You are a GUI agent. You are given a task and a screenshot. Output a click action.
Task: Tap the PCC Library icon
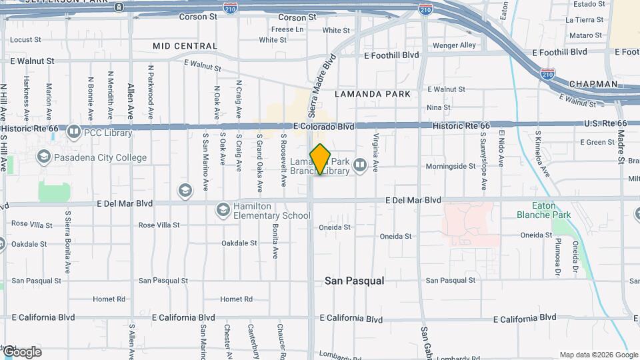coord(73,132)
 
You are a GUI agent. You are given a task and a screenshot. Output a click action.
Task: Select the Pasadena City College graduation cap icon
coord(44,157)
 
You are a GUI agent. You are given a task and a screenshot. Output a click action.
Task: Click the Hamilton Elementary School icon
coord(223,211)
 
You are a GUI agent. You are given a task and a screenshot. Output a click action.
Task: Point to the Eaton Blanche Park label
coord(543,211)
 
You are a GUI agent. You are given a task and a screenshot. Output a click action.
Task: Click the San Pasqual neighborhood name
coord(354,281)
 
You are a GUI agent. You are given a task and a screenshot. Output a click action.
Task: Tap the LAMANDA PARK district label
coord(373,94)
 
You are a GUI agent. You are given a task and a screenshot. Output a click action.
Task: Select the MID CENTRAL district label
coord(185,46)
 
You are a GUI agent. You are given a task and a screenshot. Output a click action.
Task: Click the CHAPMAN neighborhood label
coord(593,84)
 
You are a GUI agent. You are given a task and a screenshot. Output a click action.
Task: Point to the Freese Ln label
coord(287,29)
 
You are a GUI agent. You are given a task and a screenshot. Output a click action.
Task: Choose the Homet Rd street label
coord(237,299)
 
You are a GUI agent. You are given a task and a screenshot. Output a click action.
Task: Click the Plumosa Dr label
coord(558,258)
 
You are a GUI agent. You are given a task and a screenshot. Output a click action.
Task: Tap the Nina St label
coord(438,107)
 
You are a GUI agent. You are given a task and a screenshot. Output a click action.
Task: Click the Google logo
coord(21,352)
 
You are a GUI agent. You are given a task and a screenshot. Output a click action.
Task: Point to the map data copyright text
coord(599,355)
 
